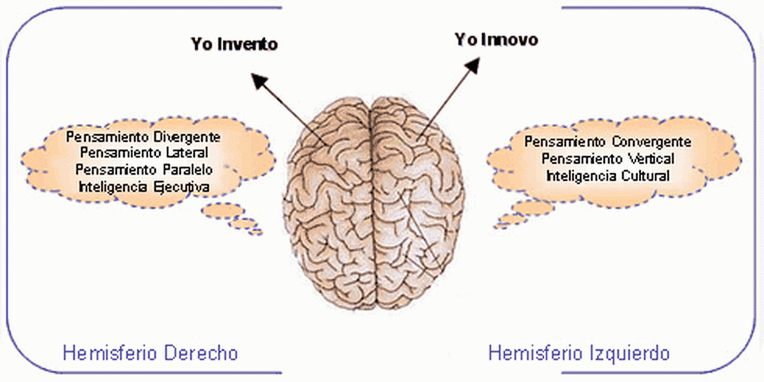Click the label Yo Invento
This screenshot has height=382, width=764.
pos(235,44)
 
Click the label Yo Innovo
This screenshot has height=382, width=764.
pos(497,39)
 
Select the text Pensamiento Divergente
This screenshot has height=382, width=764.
pos(143,136)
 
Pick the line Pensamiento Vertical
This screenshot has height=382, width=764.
pos(607,158)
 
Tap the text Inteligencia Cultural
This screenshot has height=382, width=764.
pos(607,175)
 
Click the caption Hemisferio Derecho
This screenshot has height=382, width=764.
pos(150,353)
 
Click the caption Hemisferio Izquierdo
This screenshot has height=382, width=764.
pos(578,353)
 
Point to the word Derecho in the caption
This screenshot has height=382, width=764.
pos(201,353)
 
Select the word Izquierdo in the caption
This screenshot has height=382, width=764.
pos(628,353)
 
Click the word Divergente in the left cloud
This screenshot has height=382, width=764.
pos(187,136)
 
